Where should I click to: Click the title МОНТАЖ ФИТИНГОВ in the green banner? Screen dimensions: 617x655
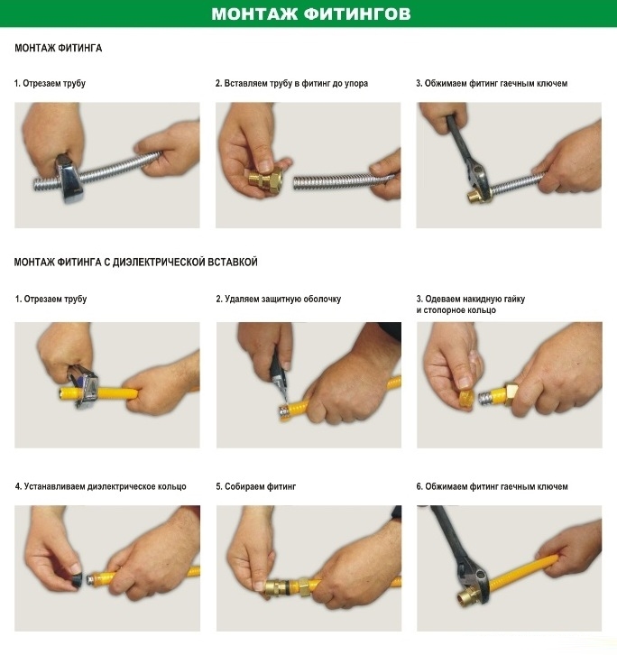(x=311, y=14)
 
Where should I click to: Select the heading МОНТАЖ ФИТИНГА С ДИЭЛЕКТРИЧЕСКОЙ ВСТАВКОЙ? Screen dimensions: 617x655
(x=136, y=262)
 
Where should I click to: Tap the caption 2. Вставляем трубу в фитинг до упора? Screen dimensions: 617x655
(x=291, y=83)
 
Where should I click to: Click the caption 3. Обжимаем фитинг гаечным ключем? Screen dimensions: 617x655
(x=492, y=83)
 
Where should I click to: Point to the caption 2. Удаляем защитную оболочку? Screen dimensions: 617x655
(x=278, y=300)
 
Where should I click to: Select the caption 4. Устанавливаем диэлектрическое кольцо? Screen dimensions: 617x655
(x=101, y=486)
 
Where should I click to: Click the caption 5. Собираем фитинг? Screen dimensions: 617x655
(x=255, y=486)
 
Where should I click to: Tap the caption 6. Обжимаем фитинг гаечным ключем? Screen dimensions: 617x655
(x=493, y=486)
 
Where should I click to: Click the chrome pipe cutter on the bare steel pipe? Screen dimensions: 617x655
(x=71, y=179)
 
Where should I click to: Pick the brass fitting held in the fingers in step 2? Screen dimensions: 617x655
(x=266, y=180)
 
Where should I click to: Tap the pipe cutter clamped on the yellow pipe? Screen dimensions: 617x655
(x=86, y=388)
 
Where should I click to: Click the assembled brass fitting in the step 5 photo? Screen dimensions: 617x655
(x=289, y=586)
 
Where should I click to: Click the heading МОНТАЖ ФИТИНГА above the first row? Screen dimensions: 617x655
(x=59, y=48)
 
